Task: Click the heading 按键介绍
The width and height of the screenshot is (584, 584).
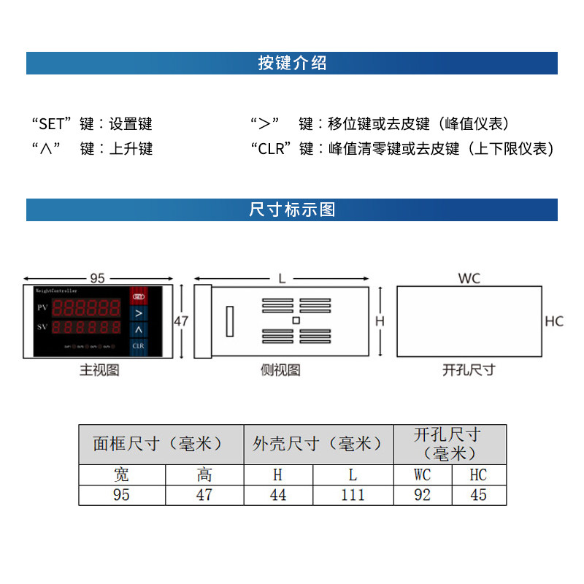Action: tap(292, 64)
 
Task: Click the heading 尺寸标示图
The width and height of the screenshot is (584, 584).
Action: tap(292, 210)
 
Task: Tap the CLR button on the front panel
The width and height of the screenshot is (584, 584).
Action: tap(138, 345)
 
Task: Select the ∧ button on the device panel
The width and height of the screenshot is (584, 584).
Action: tap(138, 328)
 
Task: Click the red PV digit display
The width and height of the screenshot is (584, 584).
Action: tap(89, 307)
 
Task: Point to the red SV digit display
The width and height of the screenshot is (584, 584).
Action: tap(89, 326)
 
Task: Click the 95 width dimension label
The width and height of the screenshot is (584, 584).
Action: tap(97, 278)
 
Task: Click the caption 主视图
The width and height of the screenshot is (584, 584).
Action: tap(99, 370)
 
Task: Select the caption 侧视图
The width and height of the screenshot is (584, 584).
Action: tap(280, 370)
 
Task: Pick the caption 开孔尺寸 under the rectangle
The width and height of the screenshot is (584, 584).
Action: tap(469, 370)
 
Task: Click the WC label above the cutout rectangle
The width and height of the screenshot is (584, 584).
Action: tap(469, 278)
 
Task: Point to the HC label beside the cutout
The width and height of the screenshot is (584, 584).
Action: tap(554, 321)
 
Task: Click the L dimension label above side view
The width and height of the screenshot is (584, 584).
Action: tap(282, 278)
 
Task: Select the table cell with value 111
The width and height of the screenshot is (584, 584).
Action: tap(353, 495)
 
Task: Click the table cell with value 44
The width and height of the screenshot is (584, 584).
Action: tap(278, 495)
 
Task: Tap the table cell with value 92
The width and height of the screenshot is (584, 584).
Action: tap(422, 495)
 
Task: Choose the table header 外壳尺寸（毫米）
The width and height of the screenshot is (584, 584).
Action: tap(318, 444)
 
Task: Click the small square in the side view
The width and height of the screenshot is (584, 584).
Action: tap(296, 320)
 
